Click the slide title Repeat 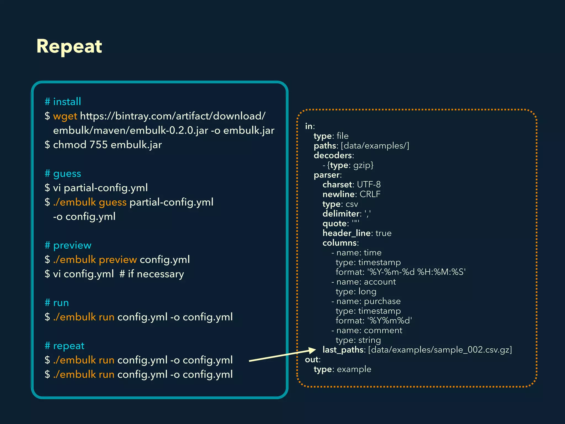69,46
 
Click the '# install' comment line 63,102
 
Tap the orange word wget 65,116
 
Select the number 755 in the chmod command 98,145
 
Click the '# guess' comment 63,174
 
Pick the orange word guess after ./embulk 113,202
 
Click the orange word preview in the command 118,260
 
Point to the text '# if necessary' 152,274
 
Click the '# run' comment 57,303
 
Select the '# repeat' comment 65,346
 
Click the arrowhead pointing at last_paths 312,350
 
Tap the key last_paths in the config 343,350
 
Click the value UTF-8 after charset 369,184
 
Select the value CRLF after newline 370,194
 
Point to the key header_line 347,233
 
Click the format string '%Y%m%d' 390,321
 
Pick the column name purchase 382,301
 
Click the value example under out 354,369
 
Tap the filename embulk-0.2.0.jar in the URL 169,131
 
